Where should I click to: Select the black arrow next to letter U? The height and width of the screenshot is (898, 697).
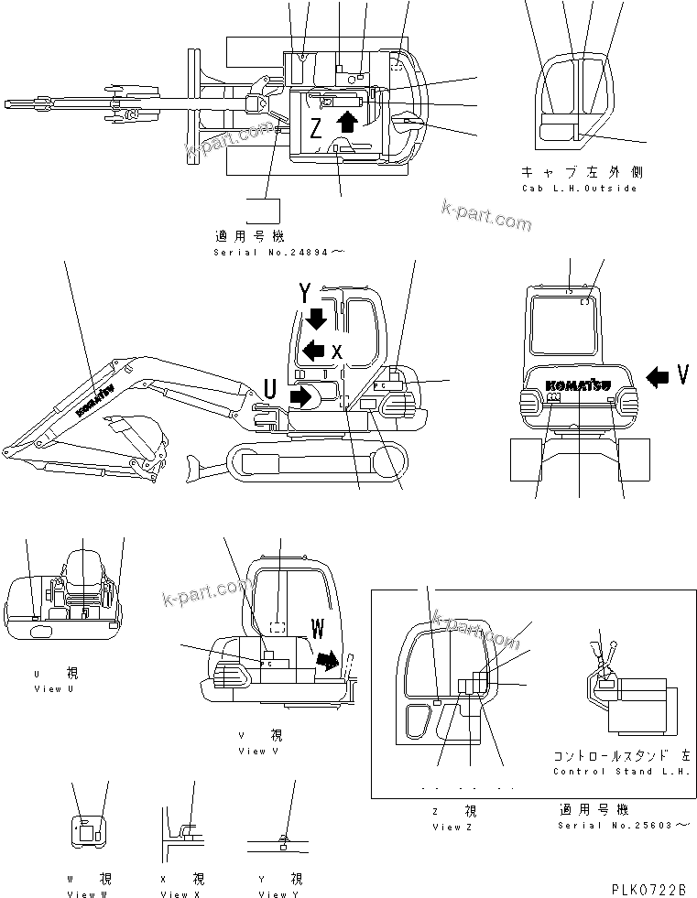(300, 395)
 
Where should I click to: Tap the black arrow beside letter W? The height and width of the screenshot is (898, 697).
(325, 660)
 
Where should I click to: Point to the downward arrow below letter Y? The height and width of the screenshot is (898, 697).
(317, 319)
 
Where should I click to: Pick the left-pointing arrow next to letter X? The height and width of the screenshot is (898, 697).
(314, 349)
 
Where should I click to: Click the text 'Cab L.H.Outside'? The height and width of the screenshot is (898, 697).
(579, 189)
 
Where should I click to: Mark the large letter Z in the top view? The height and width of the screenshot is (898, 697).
(315, 129)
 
